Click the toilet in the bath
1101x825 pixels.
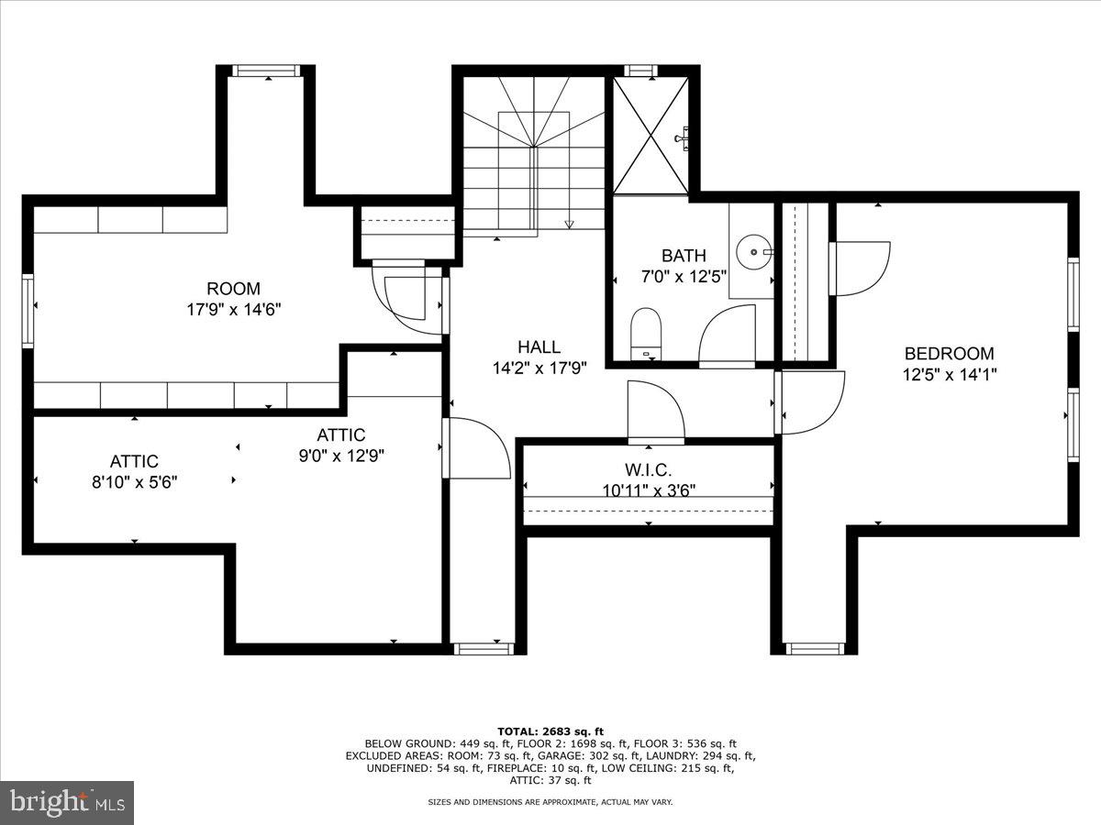coord(647,331)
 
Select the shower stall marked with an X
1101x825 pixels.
coord(650,136)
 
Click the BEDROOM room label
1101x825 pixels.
coord(949,353)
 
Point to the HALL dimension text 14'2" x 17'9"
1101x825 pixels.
coord(539,367)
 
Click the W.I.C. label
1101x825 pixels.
coord(650,470)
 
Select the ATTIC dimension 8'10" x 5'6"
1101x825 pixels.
coord(134,481)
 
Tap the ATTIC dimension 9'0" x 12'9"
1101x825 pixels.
coord(341,455)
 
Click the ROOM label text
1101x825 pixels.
coord(233,289)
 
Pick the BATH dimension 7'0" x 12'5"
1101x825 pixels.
coord(684,276)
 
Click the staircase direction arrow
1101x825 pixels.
coord(569,223)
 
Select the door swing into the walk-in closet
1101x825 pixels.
coord(655,412)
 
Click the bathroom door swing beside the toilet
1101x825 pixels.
coord(727,336)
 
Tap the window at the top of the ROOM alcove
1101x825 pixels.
coord(266,71)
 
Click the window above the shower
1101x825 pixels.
coord(639,71)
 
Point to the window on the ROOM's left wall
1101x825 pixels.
coord(28,311)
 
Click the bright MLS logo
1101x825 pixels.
coord(67,802)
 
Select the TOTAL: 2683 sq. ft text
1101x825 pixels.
coord(550,731)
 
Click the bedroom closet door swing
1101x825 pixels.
coord(860,268)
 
